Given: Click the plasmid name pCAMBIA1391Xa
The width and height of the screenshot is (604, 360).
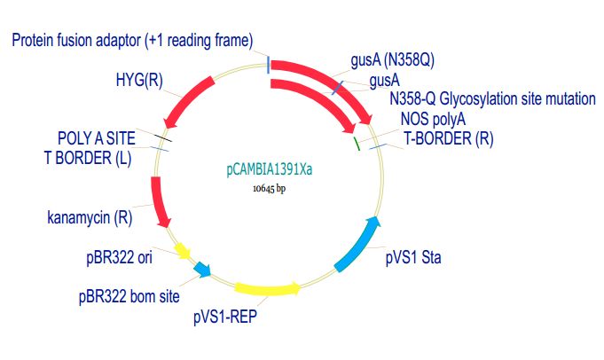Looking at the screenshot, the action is pyautogui.click(x=270, y=169).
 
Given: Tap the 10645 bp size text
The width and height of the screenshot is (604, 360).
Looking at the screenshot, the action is pyautogui.click(x=269, y=188).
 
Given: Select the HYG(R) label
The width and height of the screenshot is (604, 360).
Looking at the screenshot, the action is pyautogui.click(x=139, y=80).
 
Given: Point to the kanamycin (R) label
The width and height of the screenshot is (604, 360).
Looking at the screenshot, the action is pyautogui.click(x=90, y=217).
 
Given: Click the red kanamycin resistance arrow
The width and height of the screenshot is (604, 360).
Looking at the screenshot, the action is pyautogui.click(x=159, y=202).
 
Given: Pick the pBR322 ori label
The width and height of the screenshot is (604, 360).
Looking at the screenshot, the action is pyautogui.click(x=119, y=257).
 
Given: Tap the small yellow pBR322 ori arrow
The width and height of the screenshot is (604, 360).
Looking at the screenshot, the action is pyautogui.click(x=182, y=251).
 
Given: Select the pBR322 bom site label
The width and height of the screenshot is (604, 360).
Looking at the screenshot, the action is pyautogui.click(x=129, y=296).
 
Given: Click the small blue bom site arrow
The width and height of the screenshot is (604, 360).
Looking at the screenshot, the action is pyautogui.click(x=202, y=270).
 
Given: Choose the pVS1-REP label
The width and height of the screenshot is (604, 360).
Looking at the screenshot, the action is pyautogui.click(x=225, y=317).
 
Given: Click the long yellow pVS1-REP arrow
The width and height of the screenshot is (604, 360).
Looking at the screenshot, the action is pyautogui.click(x=268, y=289).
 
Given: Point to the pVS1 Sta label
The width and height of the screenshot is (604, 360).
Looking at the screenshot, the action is pyautogui.click(x=413, y=257).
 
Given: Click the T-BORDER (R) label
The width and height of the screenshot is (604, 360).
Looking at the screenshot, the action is pyautogui.click(x=449, y=138).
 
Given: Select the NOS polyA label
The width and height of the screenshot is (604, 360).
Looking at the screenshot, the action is pyautogui.click(x=433, y=119).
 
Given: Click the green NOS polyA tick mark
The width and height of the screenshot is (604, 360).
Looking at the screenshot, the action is pyautogui.click(x=357, y=144).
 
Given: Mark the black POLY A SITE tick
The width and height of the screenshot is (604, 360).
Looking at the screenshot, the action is pyautogui.click(x=163, y=137).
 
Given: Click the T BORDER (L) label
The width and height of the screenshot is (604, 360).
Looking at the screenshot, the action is pyautogui.click(x=88, y=158).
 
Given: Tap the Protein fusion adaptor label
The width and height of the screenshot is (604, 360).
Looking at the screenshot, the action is pyautogui.click(x=132, y=41).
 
